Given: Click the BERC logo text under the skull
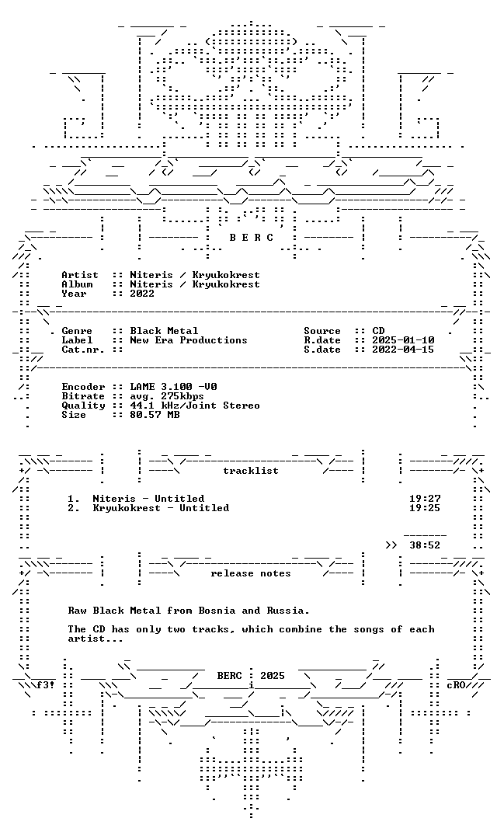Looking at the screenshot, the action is [x=252, y=238].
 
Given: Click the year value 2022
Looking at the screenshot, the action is [x=142, y=293].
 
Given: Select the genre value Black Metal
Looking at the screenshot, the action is [x=164, y=331].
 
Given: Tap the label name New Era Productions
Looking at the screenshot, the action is [x=188, y=340].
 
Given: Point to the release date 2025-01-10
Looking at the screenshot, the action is [x=403, y=340].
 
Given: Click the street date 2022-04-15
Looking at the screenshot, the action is [x=403, y=350].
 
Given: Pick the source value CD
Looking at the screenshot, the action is [x=378, y=331].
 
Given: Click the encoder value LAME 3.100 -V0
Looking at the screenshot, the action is [x=173, y=387].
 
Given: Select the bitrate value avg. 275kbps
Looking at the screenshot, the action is [x=167, y=396].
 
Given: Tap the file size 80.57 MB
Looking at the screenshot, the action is [x=155, y=415].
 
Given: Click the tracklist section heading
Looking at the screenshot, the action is [x=251, y=471].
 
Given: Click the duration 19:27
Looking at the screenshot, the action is [x=425, y=499].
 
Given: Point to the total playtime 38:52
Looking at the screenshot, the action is [x=425, y=545].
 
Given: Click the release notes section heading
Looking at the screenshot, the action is [x=251, y=573].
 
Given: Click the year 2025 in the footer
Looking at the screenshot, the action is [x=273, y=676].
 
